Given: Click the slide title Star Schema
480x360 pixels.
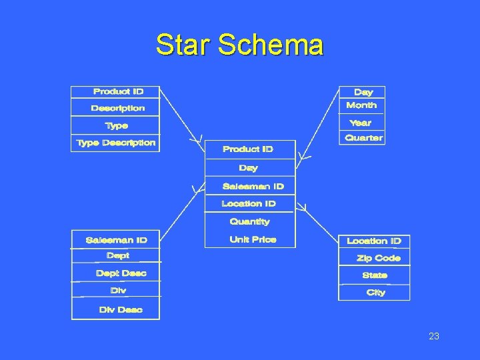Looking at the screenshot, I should (239, 45).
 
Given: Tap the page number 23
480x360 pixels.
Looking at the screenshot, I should (434, 337).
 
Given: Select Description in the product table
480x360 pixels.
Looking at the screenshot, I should (117, 108).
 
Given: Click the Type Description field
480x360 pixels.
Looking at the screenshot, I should (115, 143).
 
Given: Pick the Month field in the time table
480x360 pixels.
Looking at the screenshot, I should (361, 105).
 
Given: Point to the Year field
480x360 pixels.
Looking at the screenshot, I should (361, 123).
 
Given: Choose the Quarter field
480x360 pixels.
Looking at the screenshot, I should (363, 138).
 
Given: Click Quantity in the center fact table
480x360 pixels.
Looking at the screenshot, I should (249, 221).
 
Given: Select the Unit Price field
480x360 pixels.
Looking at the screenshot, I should (253, 239).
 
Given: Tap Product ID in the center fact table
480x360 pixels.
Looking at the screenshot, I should (247, 149).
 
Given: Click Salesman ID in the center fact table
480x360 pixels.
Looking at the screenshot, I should (253, 187).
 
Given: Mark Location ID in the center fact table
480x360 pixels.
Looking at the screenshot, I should (248, 204).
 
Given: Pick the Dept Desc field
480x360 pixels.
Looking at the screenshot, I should (121, 273).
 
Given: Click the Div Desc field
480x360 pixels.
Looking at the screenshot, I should (120, 310).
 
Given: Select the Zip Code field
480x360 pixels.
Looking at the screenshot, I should (379, 258).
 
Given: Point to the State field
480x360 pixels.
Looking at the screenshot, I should (375, 275).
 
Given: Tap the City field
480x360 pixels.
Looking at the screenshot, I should (375, 293).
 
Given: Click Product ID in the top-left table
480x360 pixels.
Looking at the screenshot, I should (118, 91).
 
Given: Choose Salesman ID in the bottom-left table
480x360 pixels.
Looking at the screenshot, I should (116, 240).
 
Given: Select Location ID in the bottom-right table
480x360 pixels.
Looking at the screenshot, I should (373, 241).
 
